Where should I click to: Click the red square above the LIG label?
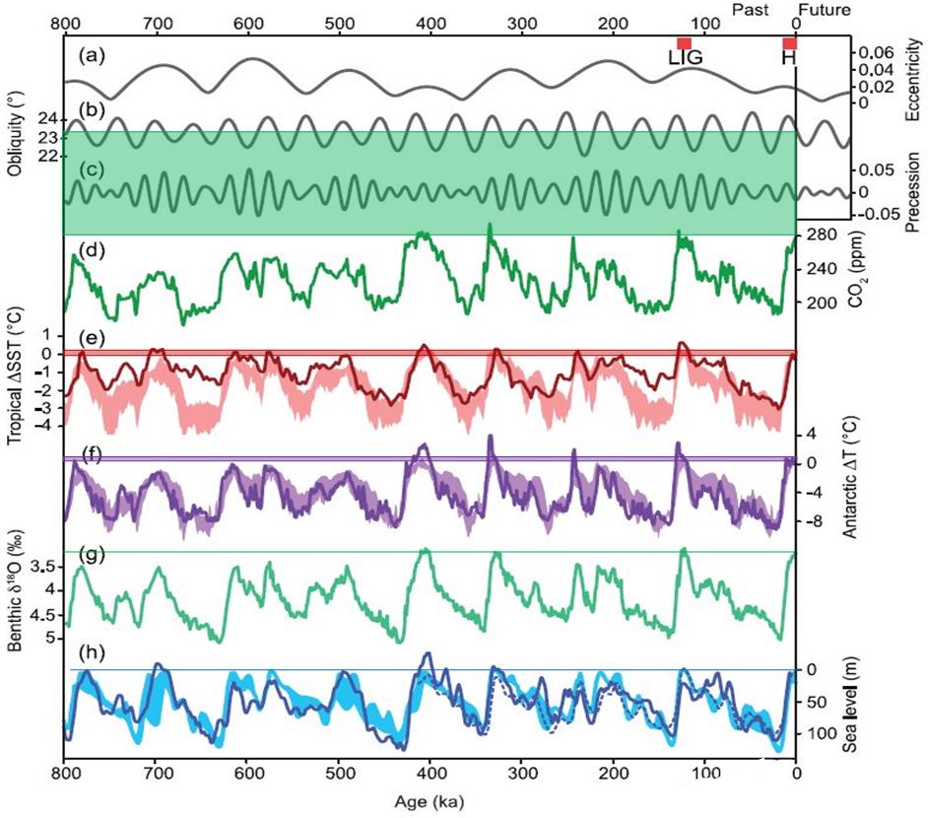point(684,42)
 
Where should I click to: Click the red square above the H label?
point(789,42)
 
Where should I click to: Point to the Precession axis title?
point(911,192)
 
